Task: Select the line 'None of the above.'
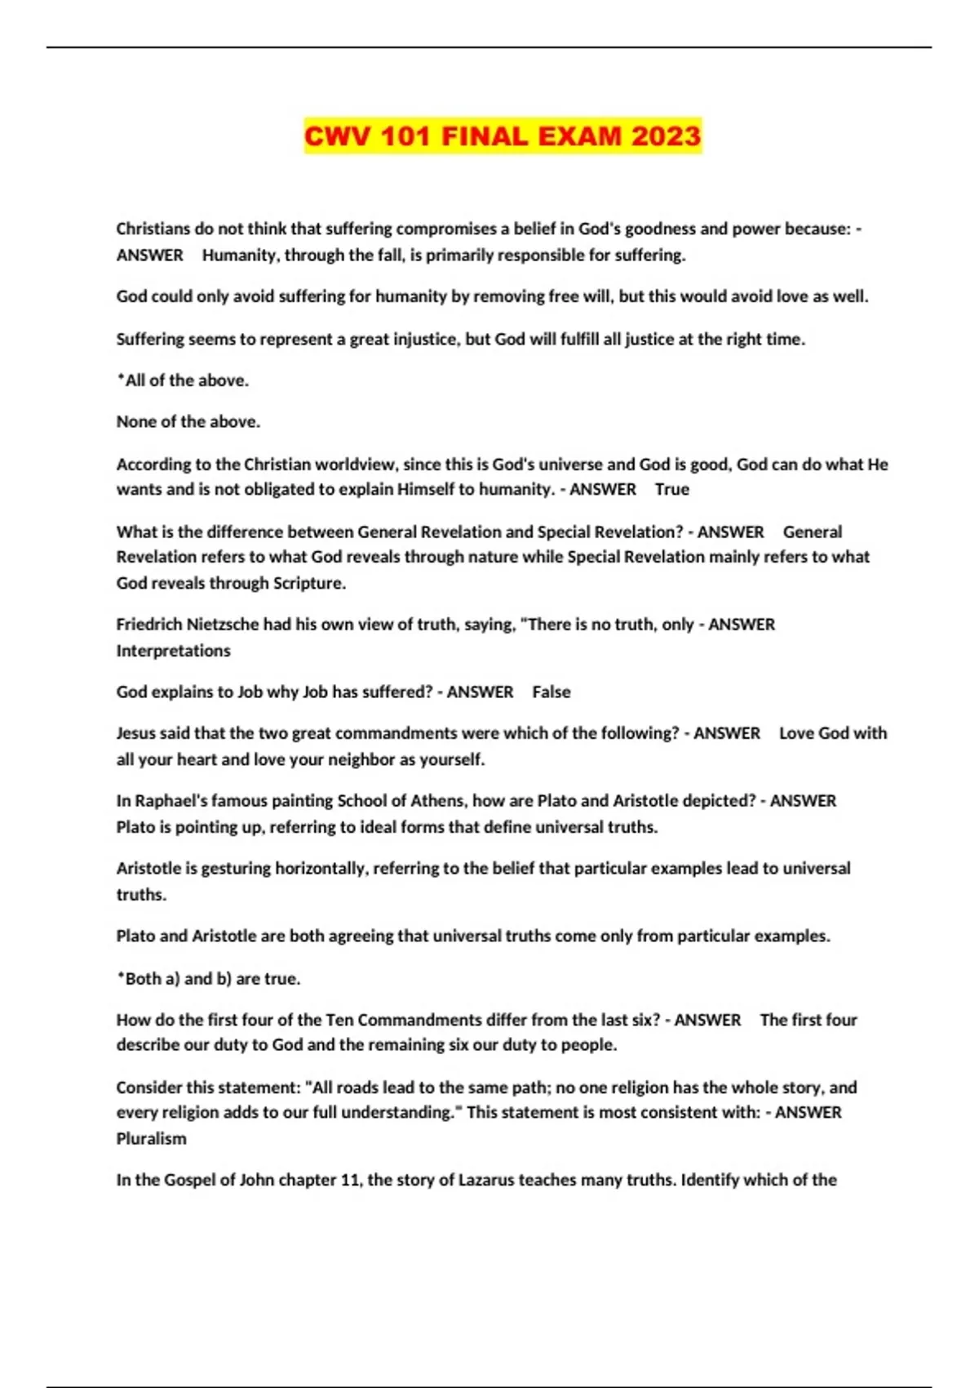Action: (188, 422)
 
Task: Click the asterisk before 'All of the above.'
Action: (121, 379)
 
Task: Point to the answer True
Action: (672, 489)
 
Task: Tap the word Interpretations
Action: (173, 651)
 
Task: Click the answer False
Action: (552, 692)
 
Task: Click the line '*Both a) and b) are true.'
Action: (208, 978)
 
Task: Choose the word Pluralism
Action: (151, 1139)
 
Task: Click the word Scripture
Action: (308, 584)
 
